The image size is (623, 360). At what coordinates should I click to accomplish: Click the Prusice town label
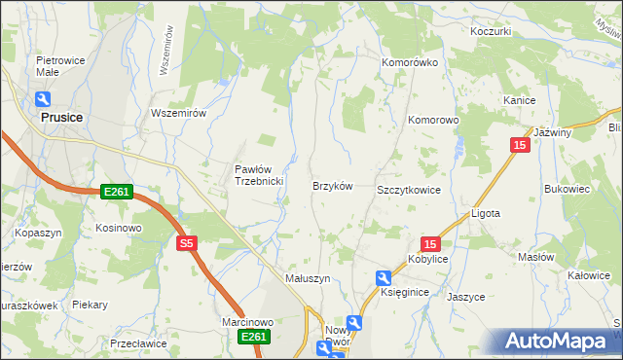(x=61, y=117)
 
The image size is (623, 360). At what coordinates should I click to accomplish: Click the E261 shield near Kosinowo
(x=116, y=194)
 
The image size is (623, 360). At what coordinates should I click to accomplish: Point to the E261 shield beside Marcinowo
(x=254, y=337)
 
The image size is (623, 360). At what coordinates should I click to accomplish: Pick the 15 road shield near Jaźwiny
(x=520, y=145)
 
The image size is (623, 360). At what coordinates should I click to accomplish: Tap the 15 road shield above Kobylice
(x=431, y=244)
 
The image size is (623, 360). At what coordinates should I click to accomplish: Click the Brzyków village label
(x=331, y=186)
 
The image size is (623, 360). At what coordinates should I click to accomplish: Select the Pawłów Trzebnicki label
(x=258, y=175)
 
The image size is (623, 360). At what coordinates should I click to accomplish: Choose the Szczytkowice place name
(x=409, y=191)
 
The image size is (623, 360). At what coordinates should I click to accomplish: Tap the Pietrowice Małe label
(x=56, y=65)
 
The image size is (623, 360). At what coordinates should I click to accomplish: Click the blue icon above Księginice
(x=384, y=278)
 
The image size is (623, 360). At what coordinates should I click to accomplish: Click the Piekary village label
(x=90, y=305)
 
